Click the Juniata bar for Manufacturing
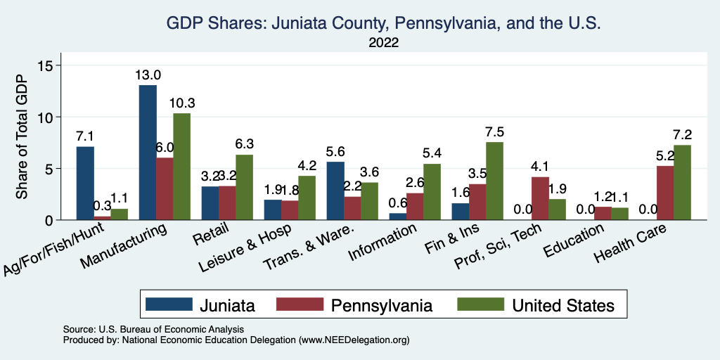(148, 152)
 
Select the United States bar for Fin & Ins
(495, 181)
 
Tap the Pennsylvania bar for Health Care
(665, 193)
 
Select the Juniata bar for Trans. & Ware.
(336, 191)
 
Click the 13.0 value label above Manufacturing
(148, 75)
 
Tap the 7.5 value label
(495, 132)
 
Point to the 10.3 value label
(182, 103)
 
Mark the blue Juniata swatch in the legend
(169, 304)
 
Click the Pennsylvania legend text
(381, 305)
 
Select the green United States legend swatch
(481, 304)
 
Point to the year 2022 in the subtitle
(384, 43)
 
